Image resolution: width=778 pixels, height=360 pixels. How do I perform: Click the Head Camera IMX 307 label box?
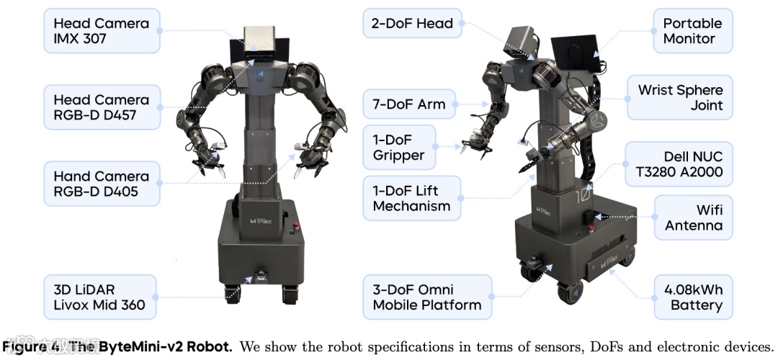101,31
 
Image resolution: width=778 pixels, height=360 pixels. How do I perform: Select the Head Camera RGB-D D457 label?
101,107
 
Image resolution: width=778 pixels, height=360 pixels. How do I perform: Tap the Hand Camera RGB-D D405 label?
101,184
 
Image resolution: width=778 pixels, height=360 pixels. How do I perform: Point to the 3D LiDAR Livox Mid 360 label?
101,296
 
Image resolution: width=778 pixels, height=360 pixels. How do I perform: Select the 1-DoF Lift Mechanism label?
411,199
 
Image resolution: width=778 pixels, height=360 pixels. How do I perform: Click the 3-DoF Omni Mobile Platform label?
426,297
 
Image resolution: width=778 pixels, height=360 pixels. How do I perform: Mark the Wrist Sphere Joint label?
680,98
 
